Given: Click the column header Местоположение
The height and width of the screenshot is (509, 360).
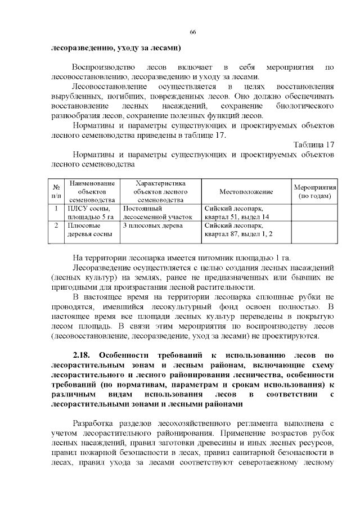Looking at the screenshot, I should coord(246,192).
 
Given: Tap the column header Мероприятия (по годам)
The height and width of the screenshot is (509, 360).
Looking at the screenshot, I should coord(314,192).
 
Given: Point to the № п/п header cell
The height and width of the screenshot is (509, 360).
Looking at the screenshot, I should coord(56,192).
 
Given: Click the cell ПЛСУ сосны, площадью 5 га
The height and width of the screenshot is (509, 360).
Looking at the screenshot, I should coord(91,213).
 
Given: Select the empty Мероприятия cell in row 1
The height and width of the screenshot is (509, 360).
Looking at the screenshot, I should coord(314,213).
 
